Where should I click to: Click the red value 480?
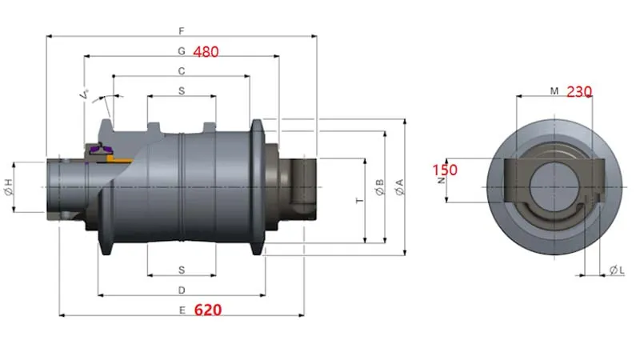coord(204,50)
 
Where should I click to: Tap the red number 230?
coord(578,91)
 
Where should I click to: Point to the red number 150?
coord(444,170)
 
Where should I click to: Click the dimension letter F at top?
coord(182,30)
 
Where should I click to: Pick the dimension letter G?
coord(182,50)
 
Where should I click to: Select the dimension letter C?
coord(182,70)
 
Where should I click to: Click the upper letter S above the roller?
coord(182,91)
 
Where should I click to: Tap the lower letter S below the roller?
coord(182,269)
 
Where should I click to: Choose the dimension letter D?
coord(182,289)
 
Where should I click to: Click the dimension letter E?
coord(182,310)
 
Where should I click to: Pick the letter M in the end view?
coord(554,91)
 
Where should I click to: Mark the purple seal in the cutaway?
coord(102,150)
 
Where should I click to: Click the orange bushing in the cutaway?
coord(118,160)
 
